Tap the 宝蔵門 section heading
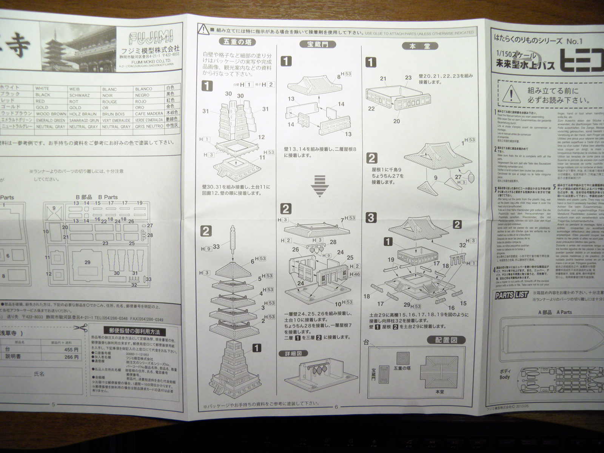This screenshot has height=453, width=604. point(318,44)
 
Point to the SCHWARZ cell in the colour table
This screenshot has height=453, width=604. point(79,95)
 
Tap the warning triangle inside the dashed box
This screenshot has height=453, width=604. point(509,92)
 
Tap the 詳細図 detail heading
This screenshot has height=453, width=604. point(293,354)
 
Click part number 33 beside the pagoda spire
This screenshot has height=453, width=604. point(216,247)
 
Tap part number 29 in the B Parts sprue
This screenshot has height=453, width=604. point(88,262)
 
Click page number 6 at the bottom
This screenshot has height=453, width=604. point(336,407)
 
